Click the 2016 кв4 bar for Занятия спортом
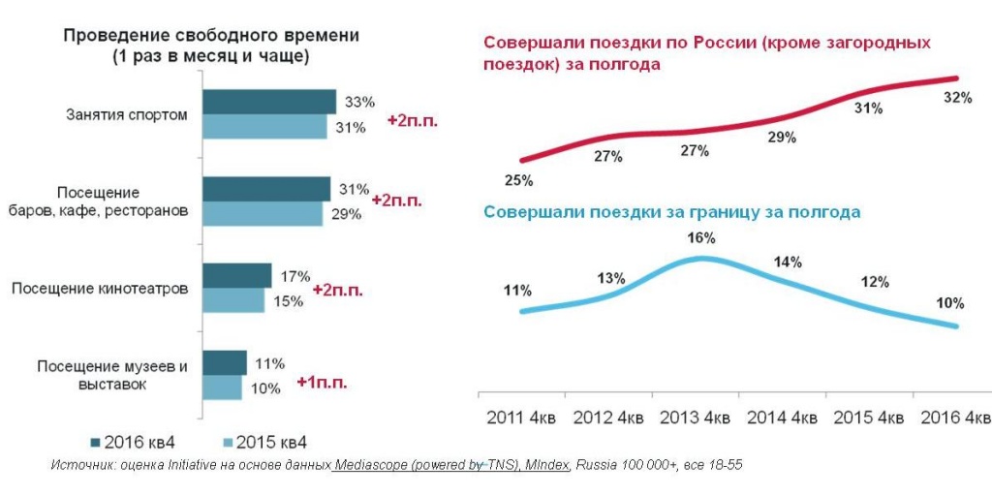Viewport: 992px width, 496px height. (x=268, y=102)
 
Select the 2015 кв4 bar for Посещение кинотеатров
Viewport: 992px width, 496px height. (x=232, y=301)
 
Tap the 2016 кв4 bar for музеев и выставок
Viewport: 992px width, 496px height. (x=224, y=363)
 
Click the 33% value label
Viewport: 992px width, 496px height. (x=359, y=102)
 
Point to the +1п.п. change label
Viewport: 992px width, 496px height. (x=322, y=382)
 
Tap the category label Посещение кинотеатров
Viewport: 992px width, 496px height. (x=99, y=288)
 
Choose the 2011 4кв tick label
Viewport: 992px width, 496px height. (x=520, y=418)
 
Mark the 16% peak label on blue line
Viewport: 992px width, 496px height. (x=701, y=238)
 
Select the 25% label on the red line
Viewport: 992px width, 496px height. (x=518, y=179)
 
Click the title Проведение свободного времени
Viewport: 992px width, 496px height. (x=211, y=36)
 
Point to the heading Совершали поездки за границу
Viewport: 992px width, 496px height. (x=671, y=211)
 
